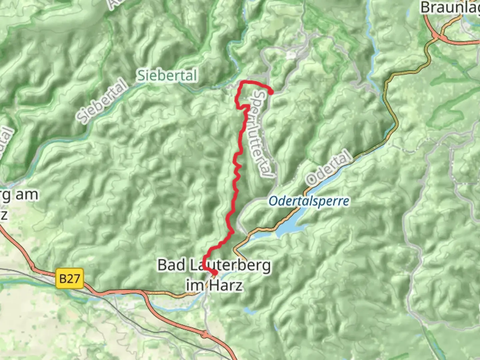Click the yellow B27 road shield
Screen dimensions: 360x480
coord(69,279)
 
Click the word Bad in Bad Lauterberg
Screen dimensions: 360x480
coord(171,265)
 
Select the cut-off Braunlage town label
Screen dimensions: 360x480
coord(450,7)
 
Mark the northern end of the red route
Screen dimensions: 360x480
coord(271,92)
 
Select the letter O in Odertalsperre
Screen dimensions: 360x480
coord(273,201)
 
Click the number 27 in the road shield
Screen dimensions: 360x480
coord(74,279)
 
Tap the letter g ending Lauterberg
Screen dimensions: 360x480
coord(266,267)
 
